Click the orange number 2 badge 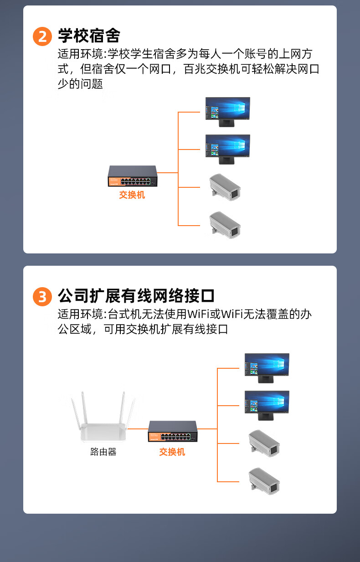42,36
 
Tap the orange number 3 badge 42,297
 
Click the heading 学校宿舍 89,36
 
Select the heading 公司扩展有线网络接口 136,296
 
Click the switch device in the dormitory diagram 133,176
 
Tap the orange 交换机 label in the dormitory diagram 132,195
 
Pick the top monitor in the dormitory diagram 227,112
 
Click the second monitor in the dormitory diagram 227,150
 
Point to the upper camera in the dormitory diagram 225,187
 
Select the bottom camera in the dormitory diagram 225,225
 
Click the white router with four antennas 103,416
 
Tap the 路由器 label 103,452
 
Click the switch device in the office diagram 173,431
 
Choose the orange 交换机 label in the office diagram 172,452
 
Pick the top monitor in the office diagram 267,368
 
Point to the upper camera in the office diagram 264,443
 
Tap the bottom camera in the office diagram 264,481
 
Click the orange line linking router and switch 138,429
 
